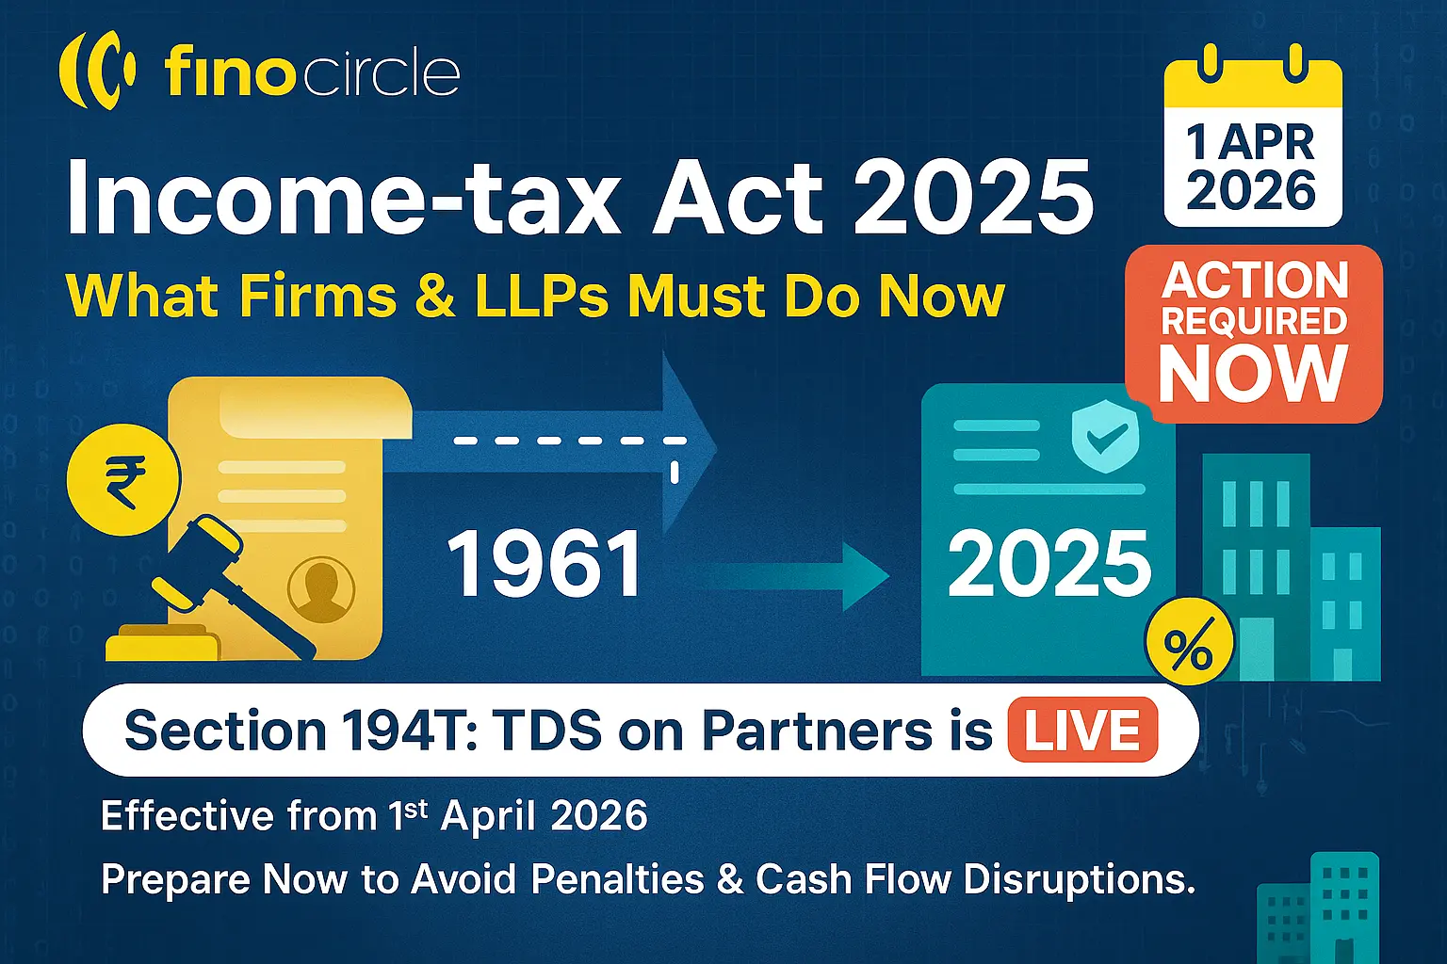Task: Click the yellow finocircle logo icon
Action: [x=97, y=71]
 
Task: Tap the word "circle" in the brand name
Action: [x=382, y=73]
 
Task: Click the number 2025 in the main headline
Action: [x=972, y=198]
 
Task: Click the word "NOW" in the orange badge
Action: [x=1252, y=374]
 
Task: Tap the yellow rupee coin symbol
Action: [x=123, y=480]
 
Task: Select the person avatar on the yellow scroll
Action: [x=321, y=589]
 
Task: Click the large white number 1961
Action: [x=545, y=565]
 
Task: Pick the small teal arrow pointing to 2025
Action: [x=801, y=571]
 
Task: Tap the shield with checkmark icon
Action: [x=1105, y=435]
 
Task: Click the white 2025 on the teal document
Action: [x=1049, y=565]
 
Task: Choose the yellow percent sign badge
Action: [x=1188, y=648]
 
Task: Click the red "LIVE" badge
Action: [x=1082, y=731]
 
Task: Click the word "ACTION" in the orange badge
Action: [x=1254, y=281]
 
